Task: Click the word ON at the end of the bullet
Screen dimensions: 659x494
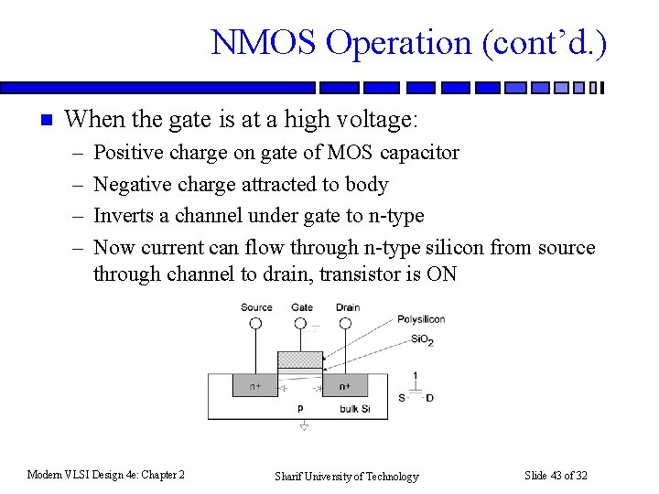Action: pyautogui.click(x=441, y=274)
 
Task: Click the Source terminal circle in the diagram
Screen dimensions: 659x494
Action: pyautogui.click(x=255, y=323)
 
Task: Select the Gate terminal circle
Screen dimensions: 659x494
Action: pyautogui.click(x=301, y=323)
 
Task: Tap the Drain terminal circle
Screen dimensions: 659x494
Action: pyautogui.click(x=347, y=323)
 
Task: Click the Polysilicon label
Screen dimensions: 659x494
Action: pyautogui.click(x=421, y=319)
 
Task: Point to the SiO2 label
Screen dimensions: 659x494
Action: pyautogui.click(x=422, y=339)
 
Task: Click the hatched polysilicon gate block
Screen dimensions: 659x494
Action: pyautogui.click(x=300, y=360)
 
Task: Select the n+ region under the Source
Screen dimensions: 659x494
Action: pyautogui.click(x=255, y=386)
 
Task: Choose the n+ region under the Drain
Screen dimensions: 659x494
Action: pyautogui.click(x=345, y=386)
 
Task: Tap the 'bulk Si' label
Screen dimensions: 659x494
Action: pyautogui.click(x=355, y=408)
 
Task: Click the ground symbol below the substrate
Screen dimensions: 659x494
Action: pyautogui.click(x=304, y=426)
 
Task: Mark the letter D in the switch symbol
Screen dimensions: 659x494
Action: pyautogui.click(x=429, y=397)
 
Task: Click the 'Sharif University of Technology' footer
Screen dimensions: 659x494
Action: pyautogui.click(x=346, y=476)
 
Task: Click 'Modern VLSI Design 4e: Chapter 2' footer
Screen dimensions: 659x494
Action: pyautogui.click(x=106, y=474)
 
